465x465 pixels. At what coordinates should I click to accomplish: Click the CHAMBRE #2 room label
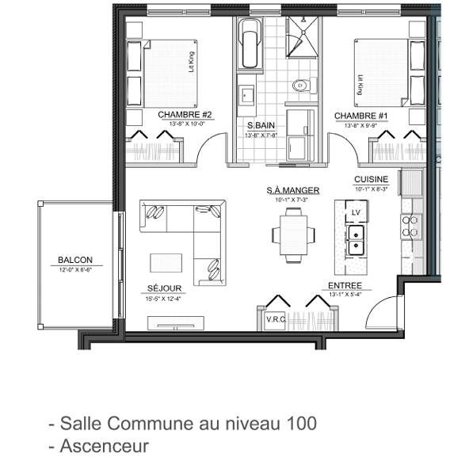coord(181,115)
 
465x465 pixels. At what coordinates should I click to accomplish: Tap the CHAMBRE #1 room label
coord(360,116)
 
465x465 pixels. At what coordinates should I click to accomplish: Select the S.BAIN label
coord(261,126)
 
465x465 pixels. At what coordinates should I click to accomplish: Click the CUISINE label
coord(371,180)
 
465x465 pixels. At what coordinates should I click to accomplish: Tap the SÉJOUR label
coord(164,288)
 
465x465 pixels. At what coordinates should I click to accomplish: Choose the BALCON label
coord(75,260)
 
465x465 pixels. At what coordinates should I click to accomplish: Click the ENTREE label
coord(345,286)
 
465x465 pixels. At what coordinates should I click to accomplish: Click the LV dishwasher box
coord(356,213)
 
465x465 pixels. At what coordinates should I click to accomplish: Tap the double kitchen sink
coord(356,238)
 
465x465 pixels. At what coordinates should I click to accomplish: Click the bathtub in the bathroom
coord(250,44)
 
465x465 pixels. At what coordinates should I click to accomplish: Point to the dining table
coord(293,234)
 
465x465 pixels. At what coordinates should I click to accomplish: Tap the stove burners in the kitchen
coord(411,226)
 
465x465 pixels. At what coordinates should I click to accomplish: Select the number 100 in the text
coord(302,424)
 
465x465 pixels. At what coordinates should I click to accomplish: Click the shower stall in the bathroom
coord(302,34)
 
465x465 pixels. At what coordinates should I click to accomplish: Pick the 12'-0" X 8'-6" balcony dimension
coord(75,270)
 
